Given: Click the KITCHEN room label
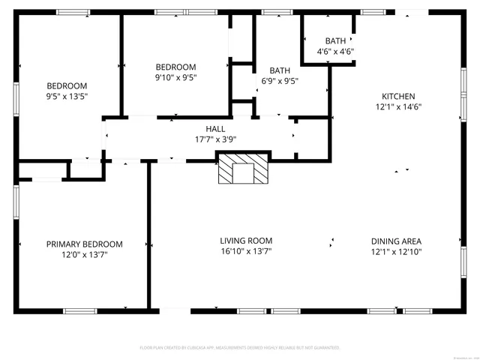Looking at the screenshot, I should (398, 96).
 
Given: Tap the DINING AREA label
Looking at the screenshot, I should (396, 241).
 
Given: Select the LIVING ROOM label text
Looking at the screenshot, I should (246, 241).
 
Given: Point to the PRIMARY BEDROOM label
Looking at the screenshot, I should (85, 244).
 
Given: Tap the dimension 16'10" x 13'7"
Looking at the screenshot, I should (246, 251).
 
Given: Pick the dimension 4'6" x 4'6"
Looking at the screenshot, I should (334, 52).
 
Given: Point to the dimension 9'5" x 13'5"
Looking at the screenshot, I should (67, 96).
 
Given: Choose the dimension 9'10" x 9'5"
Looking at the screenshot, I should (175, 76).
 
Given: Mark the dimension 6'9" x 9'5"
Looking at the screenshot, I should (280, 82).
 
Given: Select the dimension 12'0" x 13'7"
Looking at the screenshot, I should (85, 254).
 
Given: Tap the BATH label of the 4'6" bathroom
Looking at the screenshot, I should (334, 41).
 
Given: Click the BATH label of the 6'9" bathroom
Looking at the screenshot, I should (280, 71).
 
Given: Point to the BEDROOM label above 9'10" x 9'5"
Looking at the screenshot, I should (175, 67).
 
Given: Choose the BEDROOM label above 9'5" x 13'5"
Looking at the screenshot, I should (67, 85).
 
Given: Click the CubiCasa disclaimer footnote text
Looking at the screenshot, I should (240, 348).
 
